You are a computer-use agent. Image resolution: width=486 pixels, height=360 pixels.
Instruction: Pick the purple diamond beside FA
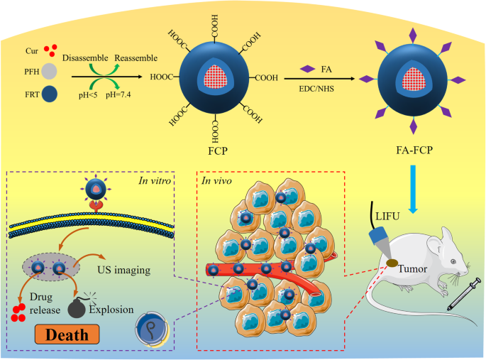[x=308, y=69]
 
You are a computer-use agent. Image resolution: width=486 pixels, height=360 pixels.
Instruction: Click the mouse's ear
[x=448, y=235]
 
